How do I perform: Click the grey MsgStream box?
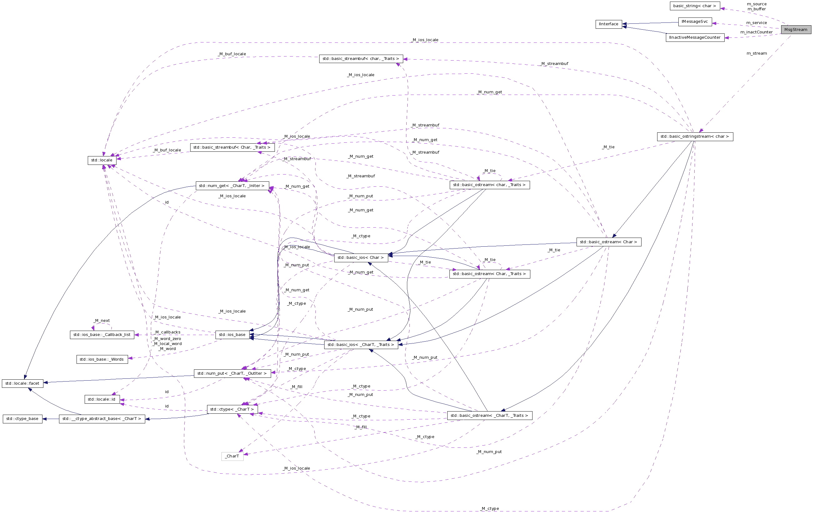pos(796,30)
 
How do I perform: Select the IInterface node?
pos(608,24)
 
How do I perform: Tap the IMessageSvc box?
pos(695,22)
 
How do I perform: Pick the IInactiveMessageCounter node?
pos(695,37)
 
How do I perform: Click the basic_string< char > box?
pos(695,6)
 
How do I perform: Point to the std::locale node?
pos(102,160)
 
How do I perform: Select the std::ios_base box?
pos(232,335)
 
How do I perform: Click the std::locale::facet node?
pos(22,383)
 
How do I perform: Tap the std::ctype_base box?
pos(22,419)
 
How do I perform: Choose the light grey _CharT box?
pos(232,456)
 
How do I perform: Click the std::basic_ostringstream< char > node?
pos(695,137)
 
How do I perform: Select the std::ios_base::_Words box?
pos(102,359)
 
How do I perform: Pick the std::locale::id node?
pos(102,399)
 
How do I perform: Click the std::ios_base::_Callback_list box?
pos(102,335)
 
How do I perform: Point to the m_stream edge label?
pos(756,53)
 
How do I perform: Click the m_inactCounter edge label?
pos(756,32)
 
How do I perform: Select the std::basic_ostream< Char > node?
pos(608,242)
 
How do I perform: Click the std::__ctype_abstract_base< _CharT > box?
pos(102,419)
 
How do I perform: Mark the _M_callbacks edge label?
pos(167,333)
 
